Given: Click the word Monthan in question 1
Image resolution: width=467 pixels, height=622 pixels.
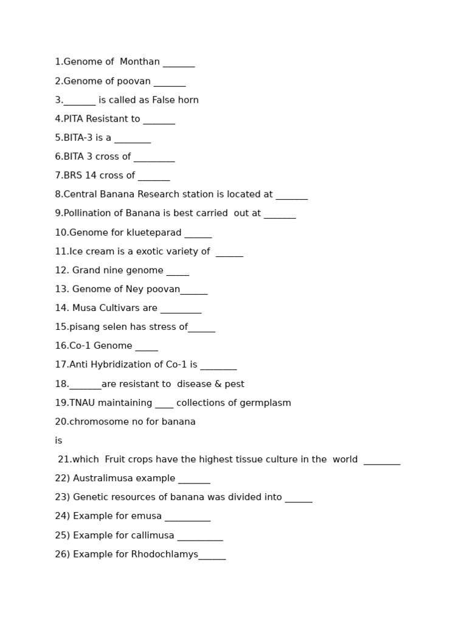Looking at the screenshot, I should tap(139, 62).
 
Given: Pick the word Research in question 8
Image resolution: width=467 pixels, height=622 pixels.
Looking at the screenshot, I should tap(170, 194).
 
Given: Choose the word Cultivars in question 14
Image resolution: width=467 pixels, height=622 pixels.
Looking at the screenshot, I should tap(120, 308).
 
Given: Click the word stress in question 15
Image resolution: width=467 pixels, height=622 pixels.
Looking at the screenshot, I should tap(161, 327).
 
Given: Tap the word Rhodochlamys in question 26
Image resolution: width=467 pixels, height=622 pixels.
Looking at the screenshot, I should tap(164, 555).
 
